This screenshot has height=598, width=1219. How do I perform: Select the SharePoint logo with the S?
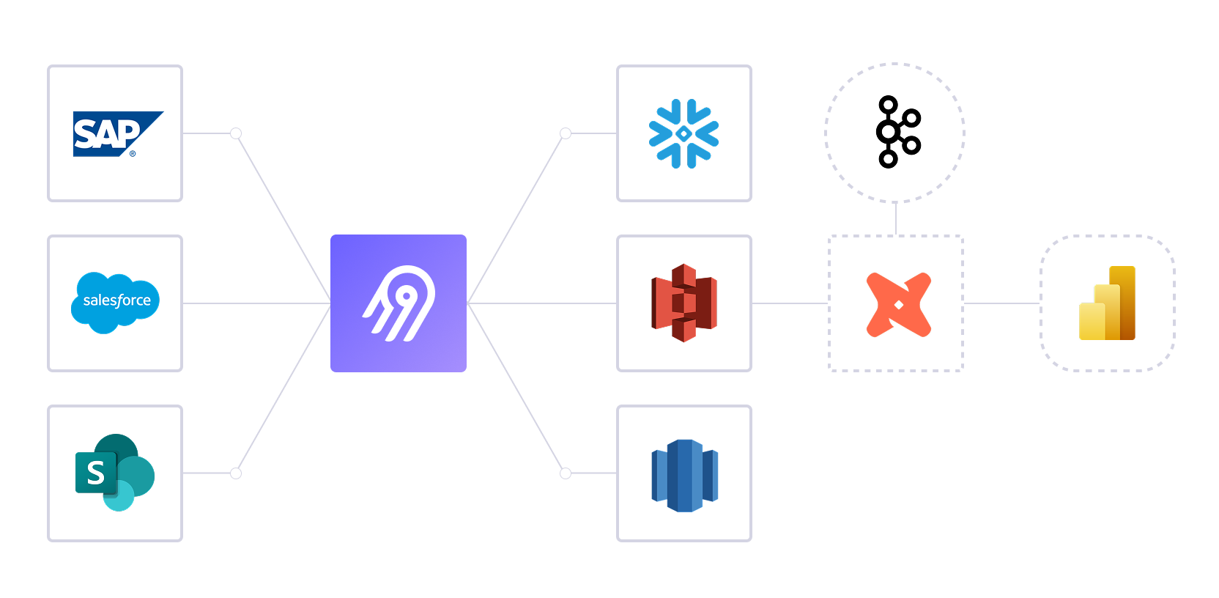click(x=115, y=473)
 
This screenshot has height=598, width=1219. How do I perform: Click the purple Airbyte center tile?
click(x=398, y=303)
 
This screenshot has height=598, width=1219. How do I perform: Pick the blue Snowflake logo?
click(x=683, y=133)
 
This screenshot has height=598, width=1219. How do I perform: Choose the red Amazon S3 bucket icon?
click(x=683, y=303)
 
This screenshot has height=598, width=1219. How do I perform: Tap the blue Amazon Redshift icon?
click(x=684, y=476)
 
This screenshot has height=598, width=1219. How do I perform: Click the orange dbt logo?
click(x=898, y=304)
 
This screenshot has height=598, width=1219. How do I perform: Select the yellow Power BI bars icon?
click(x=1107, y=303)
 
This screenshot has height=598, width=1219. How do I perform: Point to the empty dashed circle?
click(x=894, y=133)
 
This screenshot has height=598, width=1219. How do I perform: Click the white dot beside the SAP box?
click(x=236, y=133)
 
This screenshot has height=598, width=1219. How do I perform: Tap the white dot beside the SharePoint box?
click(x=236, y=473)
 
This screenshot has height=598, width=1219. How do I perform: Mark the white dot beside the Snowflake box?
click(x=566, y=133)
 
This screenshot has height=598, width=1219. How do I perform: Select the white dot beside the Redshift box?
click(x=566, y=473)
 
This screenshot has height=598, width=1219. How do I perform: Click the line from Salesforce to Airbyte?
click(x=256, y=303)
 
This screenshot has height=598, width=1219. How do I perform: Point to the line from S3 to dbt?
click(x=790, y=303)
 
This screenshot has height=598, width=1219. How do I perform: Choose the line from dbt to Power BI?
click(x=1001, y=303)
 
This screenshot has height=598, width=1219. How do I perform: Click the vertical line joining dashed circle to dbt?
click(x=895, y=218)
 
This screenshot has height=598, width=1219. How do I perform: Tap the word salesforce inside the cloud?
click(x=116, y=300)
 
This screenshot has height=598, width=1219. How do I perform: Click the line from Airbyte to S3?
click(x=542, y=303)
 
